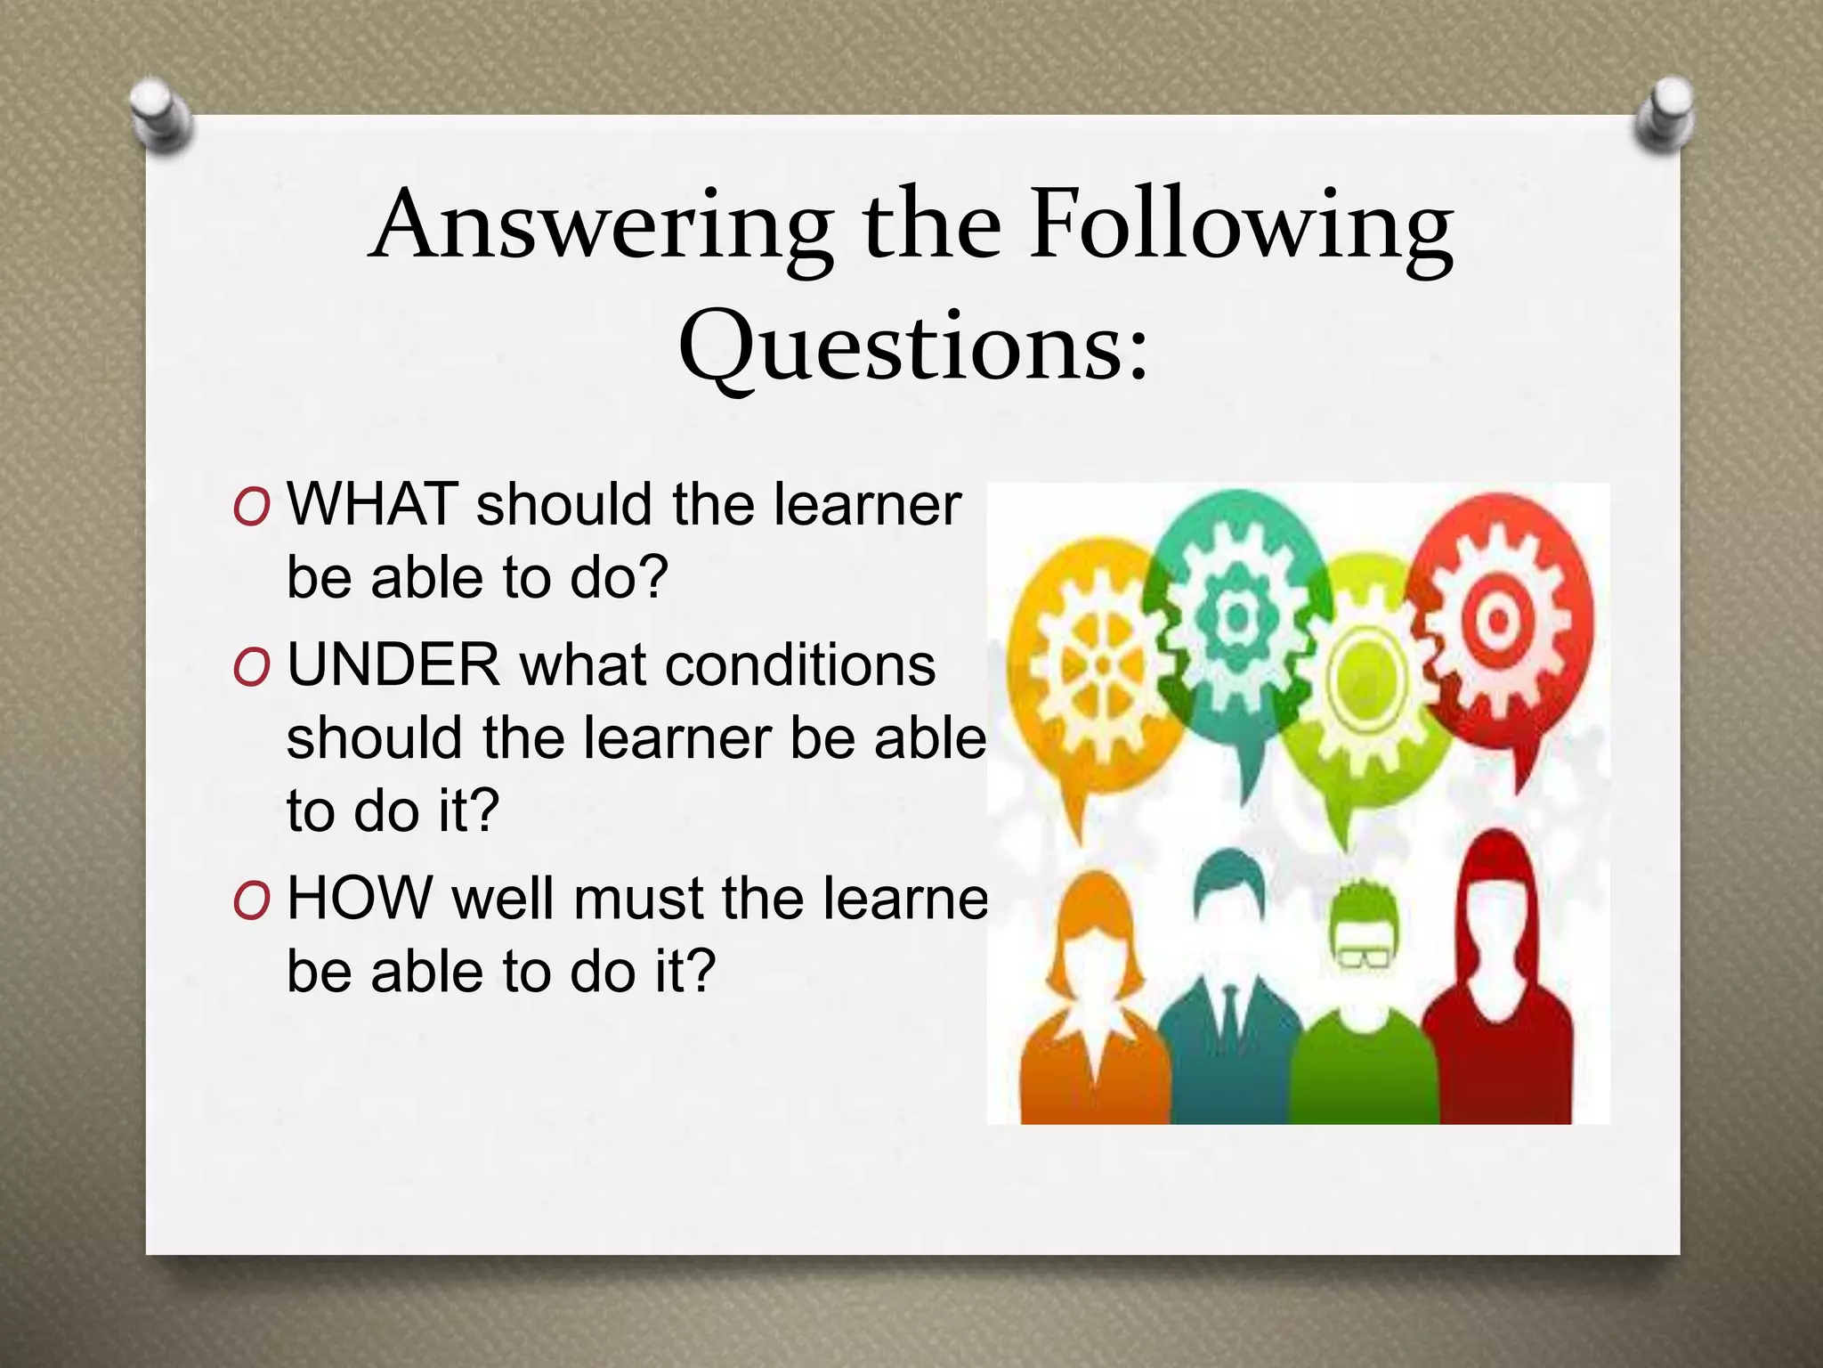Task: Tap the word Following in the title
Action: pyautogui.click(x=1241, y=226)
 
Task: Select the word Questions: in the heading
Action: pyautogui.click(x=913, y=347)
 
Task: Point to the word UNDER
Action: pyautogui.click(x=393, y=665)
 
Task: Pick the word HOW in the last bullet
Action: pyautogui.click(x=360, y=898)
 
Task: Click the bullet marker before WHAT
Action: pyautogui.click(x=251, y=508)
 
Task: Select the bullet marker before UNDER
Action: pyautogui.click(x=251, y=669)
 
